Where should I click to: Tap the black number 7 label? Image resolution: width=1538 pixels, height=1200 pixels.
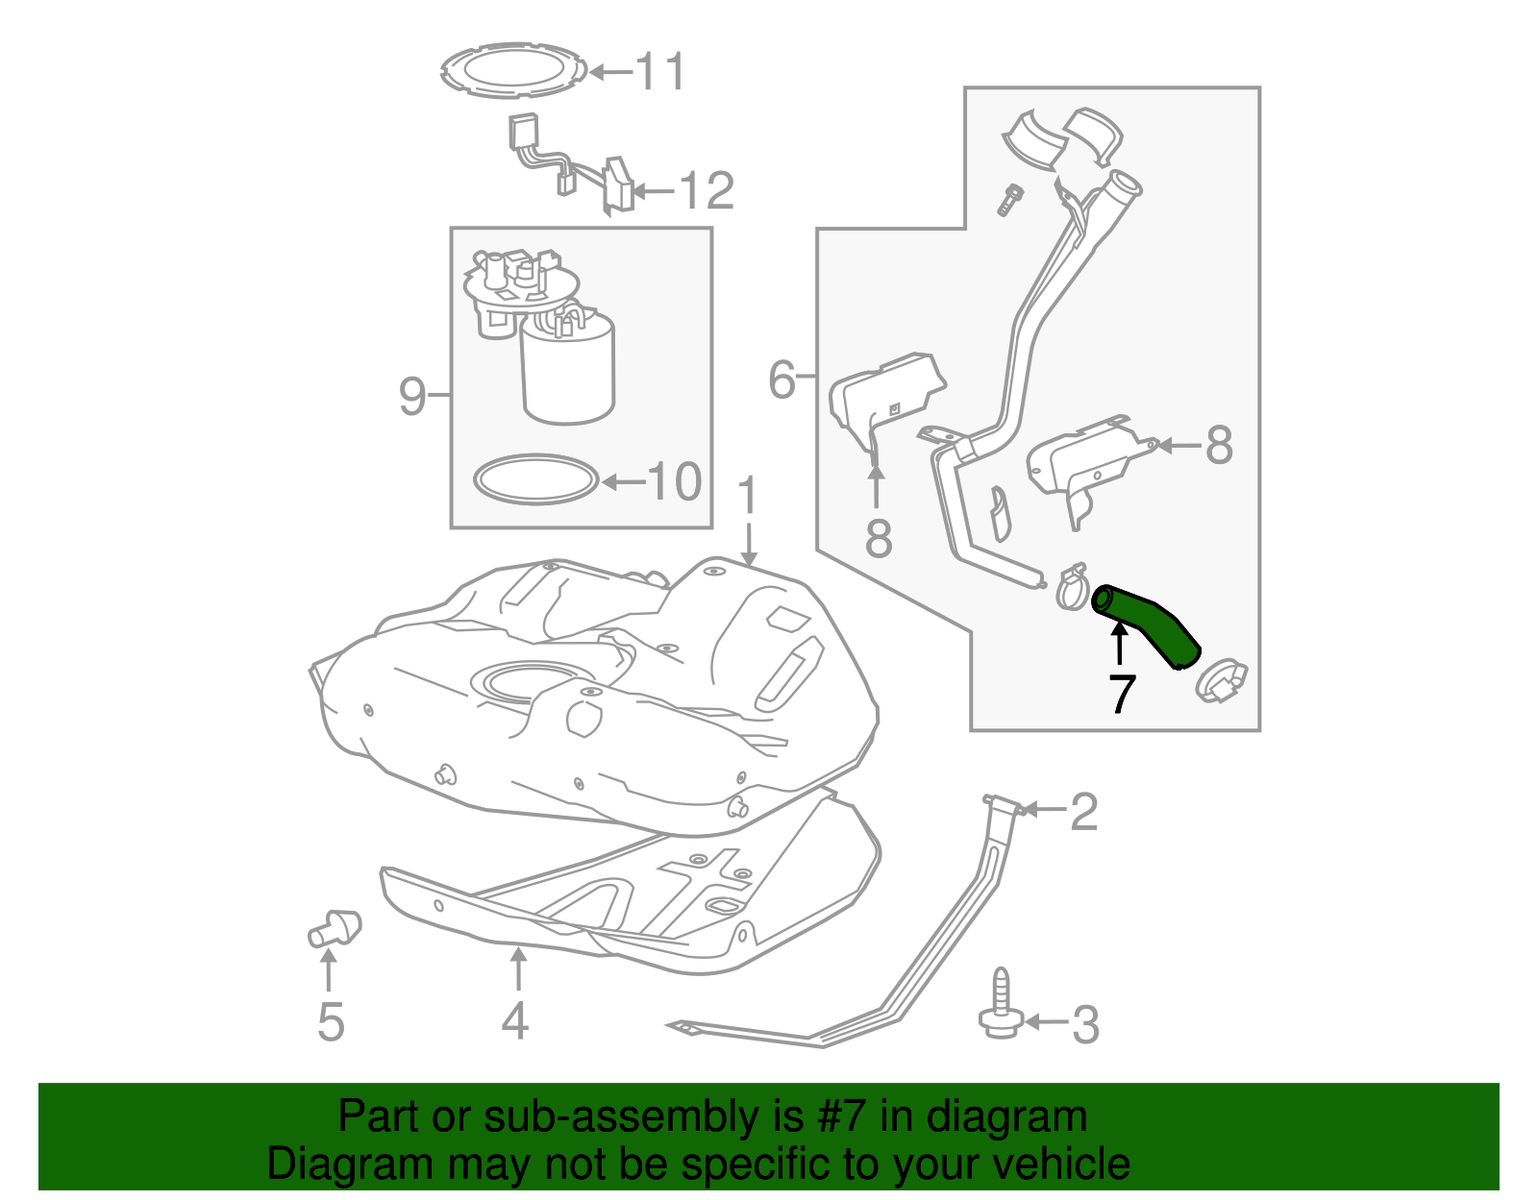tap(1121, 694)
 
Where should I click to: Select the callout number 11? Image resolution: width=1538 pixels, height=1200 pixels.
tap(661, 72)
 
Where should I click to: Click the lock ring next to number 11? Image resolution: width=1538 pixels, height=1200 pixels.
tap(514, 69)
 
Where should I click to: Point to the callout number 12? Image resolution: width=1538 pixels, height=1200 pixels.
tap(707, 190)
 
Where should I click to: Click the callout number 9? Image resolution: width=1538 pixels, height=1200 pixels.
tap(411, 395)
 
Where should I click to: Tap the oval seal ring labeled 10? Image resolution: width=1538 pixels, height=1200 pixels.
tap(535, 478)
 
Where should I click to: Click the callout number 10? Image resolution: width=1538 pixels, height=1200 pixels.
tap(675, 481)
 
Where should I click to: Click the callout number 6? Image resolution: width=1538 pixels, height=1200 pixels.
tap(781, 380)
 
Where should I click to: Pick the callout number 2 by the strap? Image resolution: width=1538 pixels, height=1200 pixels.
tap(1083, 812)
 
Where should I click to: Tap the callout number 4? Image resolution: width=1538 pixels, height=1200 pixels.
tap(515, 1020)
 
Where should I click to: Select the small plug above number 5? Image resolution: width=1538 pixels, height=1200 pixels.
tap(334, 927)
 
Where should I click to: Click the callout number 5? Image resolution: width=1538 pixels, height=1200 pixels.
tap(330, 1021)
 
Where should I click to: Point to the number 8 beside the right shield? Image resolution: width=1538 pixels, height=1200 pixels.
tap(1218, 445)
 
